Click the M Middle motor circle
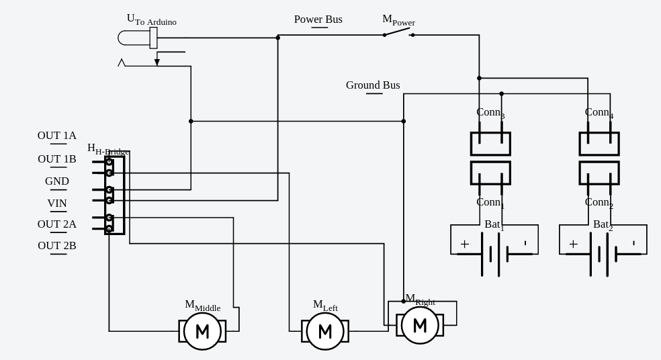pos(202,331)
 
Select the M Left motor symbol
pos(325,331)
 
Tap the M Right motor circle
pos(420,325)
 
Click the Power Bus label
pos(318,19)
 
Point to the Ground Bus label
pos(373,85)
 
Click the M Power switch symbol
pos(398,32)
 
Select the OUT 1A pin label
pos(57,136)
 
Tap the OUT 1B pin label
pos(57,159)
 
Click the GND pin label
pos(57,181)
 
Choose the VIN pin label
pos(57,204)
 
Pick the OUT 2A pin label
pos(57,224)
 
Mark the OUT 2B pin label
pos(57,246)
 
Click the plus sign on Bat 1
pos(465,244)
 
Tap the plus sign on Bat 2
pos(574,244)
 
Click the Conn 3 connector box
pos(490,144)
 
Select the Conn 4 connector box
pos(599,144)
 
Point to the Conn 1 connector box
pos(490,173)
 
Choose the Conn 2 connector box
pos(599,173)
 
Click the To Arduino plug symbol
pos(138,38)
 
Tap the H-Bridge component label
pos(107,149)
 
